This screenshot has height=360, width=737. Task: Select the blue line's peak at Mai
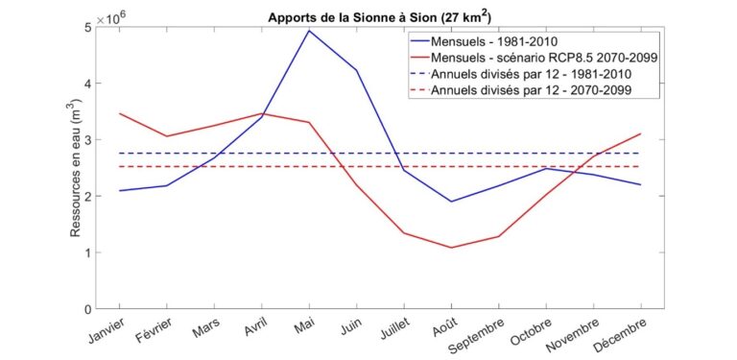(x=309, y=31)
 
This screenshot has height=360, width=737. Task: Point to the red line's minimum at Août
(x=452, y=248)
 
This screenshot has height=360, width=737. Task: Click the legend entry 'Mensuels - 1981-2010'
(x=494, y=41)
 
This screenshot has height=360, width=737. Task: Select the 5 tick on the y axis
(x=87, y=27)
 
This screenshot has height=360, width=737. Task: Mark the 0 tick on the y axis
(x=87, y=309)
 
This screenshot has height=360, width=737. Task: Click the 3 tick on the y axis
(x=87, y=139)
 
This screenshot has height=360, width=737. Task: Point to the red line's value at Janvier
(x=119, y=113)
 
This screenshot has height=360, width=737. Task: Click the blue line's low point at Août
(x=452, y=202)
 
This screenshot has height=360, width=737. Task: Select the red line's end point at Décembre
(x=641, y=134)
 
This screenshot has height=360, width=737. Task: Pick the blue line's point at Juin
(x=357, y=70)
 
